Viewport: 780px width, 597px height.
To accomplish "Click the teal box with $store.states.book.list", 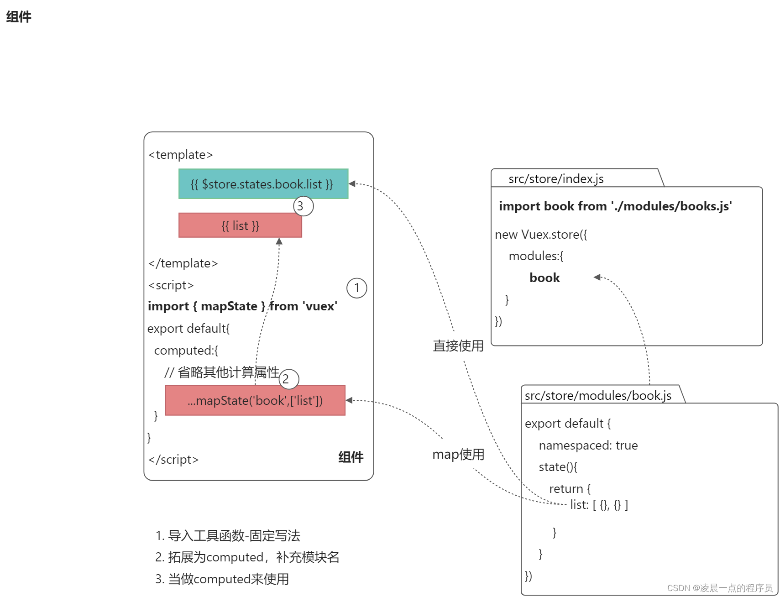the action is coord(263,184).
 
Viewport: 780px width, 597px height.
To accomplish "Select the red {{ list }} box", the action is coord(240,225).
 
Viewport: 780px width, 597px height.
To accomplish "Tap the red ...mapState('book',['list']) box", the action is coord(255,400).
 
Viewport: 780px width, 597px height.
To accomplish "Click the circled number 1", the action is coord(356,288).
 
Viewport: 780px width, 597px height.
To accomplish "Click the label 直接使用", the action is coord(458,346).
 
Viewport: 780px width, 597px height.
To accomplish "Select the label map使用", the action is coord(458,454).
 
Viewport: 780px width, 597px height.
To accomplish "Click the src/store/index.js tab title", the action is coord(555,179).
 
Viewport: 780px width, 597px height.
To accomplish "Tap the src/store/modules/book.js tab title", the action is coord(597,395).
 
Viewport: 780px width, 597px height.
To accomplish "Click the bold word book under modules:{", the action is coord(544,278).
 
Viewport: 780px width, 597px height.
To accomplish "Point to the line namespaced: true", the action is coord(588,445).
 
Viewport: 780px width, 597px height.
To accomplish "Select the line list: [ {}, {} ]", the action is coord(599,505).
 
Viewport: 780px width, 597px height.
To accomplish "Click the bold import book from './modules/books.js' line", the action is coord(615,206).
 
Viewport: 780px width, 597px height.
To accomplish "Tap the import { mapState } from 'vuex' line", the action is coord(242,306).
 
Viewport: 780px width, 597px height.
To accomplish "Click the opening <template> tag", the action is coord(181,155).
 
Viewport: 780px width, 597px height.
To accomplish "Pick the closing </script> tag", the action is coord(173,459).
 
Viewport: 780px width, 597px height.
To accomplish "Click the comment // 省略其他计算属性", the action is coord(222,372).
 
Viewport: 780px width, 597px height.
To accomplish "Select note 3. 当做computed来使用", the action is coord(222,579).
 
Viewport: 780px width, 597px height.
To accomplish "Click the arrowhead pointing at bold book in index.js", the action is coord(597,277).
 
